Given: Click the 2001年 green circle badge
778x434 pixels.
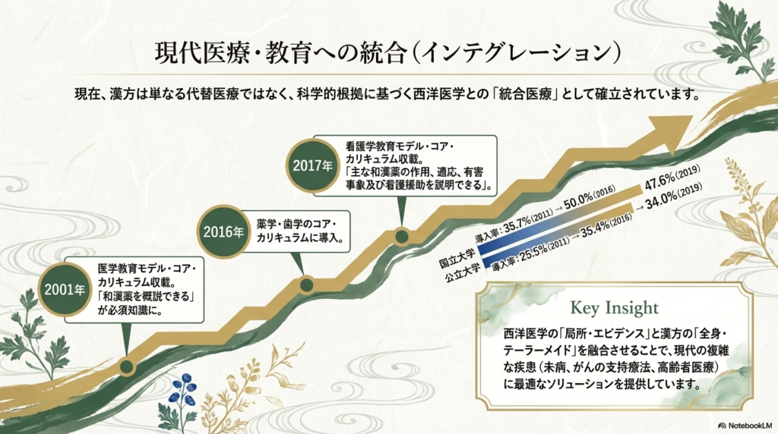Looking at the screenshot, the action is (x=65, y=290).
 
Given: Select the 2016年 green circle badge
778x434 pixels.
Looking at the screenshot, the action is (x=223, y=231).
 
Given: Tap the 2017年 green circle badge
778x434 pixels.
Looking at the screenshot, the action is (x=312, y=165).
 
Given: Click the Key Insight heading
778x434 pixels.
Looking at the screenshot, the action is (x=614, y=308).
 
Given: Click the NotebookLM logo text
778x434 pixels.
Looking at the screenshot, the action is (x=745, y=426).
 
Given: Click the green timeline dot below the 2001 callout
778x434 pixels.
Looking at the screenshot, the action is (x=127, y=367).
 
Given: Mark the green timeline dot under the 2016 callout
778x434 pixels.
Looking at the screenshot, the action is (x=307, y=285).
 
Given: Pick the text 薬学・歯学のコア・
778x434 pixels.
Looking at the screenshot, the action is (x=297, y=224).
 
